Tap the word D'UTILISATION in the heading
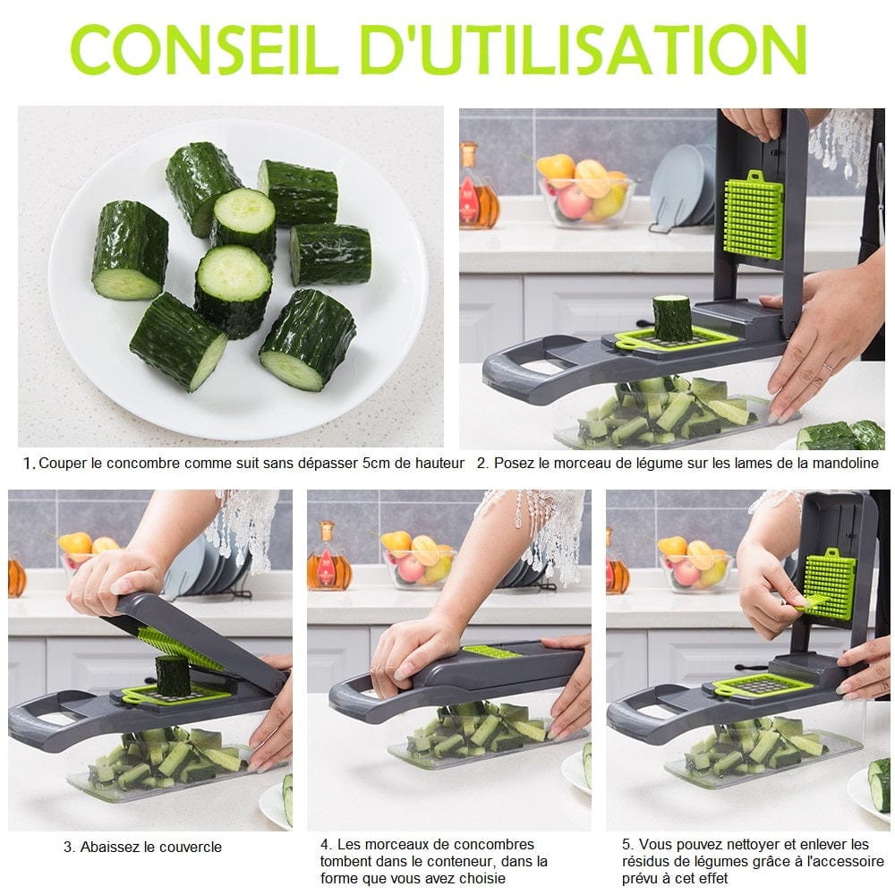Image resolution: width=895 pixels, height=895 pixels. (x=584, y=48)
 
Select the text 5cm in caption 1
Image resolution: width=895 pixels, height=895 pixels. (x=376, y=463)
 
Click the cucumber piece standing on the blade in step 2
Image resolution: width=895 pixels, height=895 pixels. (x=671, y=318)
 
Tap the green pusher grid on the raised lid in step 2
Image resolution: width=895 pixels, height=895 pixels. (x=754, y=215)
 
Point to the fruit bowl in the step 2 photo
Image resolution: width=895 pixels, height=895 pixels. (x=585, y=191)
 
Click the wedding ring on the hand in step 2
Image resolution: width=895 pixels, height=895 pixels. (x=826, y=368)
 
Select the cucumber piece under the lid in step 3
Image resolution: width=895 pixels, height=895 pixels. (x=172, y=677)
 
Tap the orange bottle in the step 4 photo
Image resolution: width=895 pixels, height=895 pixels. (x=328, y=558)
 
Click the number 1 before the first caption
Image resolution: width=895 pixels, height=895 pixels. (x=29, y=464)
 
